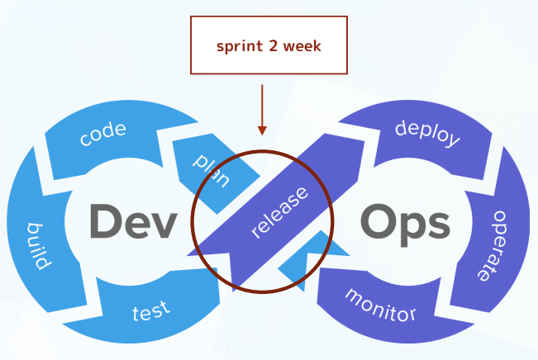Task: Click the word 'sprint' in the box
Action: point(240,46)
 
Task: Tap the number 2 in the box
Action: point(274,45)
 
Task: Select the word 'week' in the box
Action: point(302,45)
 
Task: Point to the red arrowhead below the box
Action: point(262,130)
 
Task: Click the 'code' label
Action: point(103,134)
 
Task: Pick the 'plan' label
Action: point(212,170)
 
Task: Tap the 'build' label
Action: point(40,246)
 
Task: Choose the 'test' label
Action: point(151,311)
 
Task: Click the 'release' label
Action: point(279,212)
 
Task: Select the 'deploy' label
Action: point(427,134)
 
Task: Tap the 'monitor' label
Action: point(380,306)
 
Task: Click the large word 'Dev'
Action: point(134,221)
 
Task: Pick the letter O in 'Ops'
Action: point(379,220)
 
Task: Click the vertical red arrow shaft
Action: point(262,106)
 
